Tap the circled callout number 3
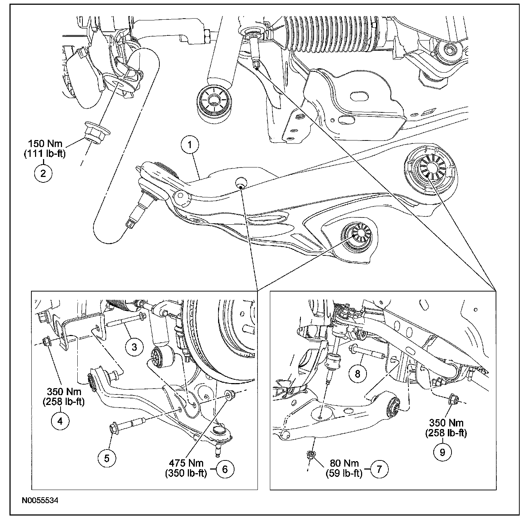pos(134,347)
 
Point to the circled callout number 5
pos(107,458)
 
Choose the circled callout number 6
pos(225,469)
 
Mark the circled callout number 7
pos(379,469)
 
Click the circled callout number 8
pos(357,373)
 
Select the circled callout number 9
pos(442,452)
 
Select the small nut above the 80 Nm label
pos(311,454)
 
